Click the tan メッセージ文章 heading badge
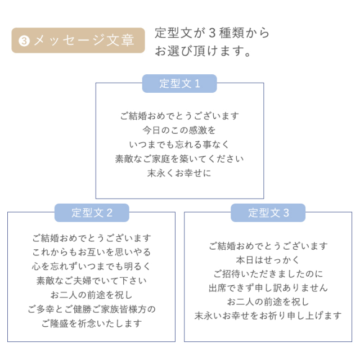pyautogui.click(x=78, y=40)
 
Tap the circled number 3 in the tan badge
pyautogui.click(x=24, y=41)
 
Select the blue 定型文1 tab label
pyautogui.click(x=179, y=84)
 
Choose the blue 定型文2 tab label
pyautogui.click(x=92, y=213)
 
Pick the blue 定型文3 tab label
pyautogui.click(x=268, y=213)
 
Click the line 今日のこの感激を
pyautogui.click(x=179, y=130)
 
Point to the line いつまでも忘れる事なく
pyautogui.click(x=179, y=145)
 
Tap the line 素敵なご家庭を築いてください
pyautogui.click(x=179, y=159)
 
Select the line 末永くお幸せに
pyautogui.click(x=179, y=173)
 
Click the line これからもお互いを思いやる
pyautogui.click(x=91, y=252)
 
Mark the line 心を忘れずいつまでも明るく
pyautogui.click(x=91, y=266)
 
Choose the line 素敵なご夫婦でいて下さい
pyautogui.click(x=91, y=281)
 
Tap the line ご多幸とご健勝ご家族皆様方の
pyautogui.click(x=92, y=309)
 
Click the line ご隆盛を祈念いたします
pyautogui.click(x=92, y=323)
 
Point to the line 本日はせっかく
pyautogui.click(x=268, y=260)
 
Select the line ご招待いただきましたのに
pyautogui.click(x=268, y=274)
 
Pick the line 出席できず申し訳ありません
pyautogui.click(x=268, y=287)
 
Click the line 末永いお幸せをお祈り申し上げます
pyautogui.click(x=268, y=316)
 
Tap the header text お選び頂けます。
pyautogui.click(x=203, y=51)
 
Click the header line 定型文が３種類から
pyautogui.click(x=212, y=33)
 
